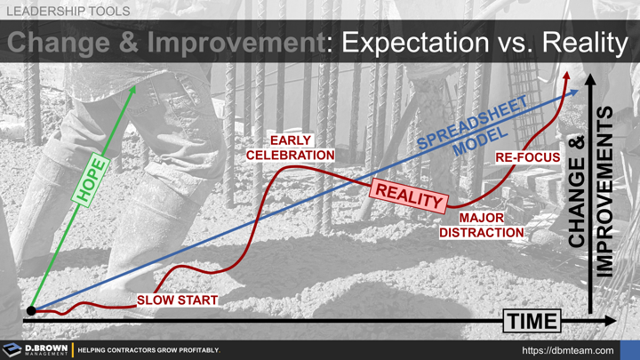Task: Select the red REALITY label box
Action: pyautogui.click(x=410, y=195)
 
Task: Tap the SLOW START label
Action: pyautogui.click(x=177, y=300)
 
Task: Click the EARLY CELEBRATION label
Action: pyautogui.click(x=291, y=148)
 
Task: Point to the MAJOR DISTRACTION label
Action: pyautogui.click(x=482, y=225)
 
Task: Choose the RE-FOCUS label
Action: pyautogui.click(x=527, y=157)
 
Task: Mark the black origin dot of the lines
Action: pyautogui.click(x=32, y=311)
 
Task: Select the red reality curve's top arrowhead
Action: pyautogui.click(x=566, y=78)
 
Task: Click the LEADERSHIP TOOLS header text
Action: pyautogui.click(x=68, y=11)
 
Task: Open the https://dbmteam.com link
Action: pyautogui.click(x=566, y=350)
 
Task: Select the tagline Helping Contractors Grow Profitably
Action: pyautogui.click(x=148, y=350)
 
